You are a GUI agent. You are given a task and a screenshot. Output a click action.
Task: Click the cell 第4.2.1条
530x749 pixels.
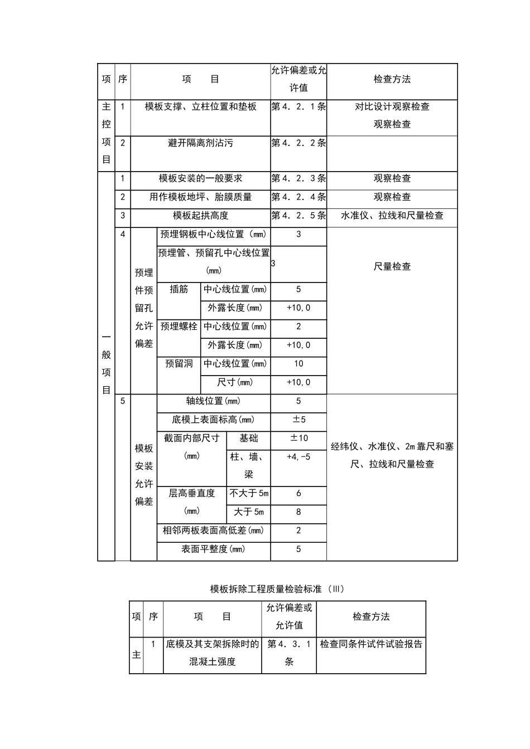(x=298, y=106)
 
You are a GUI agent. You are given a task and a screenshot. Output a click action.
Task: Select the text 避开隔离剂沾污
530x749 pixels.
(x=200, y=143)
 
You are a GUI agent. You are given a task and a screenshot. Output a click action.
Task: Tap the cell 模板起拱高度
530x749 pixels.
(x=200, y=216)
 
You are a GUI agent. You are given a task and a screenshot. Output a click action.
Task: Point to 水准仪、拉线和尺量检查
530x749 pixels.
(x=392, y=216)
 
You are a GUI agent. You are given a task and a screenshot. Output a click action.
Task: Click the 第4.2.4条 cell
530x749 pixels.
(x=298, y=197)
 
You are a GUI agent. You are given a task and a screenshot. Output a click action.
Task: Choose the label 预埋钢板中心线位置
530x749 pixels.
(x=213, y=235)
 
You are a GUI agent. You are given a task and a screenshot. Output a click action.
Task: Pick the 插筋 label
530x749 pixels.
(x=179, y=289)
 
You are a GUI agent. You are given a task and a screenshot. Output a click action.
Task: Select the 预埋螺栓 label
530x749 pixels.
(x=179, y=327)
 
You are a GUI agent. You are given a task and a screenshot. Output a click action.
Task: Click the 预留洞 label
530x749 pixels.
(x=179, y=364)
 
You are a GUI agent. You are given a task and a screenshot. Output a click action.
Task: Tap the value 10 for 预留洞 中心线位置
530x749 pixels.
(x=298, y=364)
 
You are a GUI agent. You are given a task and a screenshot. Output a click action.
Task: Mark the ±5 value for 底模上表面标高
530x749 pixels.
(x=298, y=420)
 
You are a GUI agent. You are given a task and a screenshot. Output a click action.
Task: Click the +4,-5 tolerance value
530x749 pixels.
(x=298, y=457)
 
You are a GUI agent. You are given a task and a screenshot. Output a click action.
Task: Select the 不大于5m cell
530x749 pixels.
(x=249, y=493)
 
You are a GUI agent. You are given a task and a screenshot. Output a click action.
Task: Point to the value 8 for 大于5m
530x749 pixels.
(x=298, y=512)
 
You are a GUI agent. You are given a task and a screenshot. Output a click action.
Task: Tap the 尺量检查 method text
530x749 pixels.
(x=392, y=267)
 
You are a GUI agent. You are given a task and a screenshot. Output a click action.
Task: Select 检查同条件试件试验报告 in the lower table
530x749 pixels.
(x=371, y=644)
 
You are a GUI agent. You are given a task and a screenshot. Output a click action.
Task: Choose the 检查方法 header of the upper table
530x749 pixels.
(x=392, y=79)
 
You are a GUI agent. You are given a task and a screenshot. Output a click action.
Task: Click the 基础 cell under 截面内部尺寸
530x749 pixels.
(x=249, y=439)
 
